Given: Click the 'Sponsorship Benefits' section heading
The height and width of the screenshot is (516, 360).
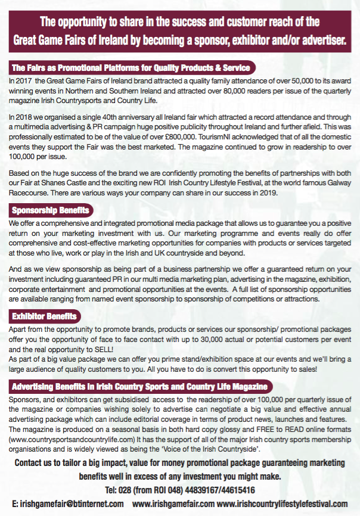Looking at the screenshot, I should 51,210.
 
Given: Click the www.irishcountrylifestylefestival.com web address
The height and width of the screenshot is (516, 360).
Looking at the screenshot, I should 282,503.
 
